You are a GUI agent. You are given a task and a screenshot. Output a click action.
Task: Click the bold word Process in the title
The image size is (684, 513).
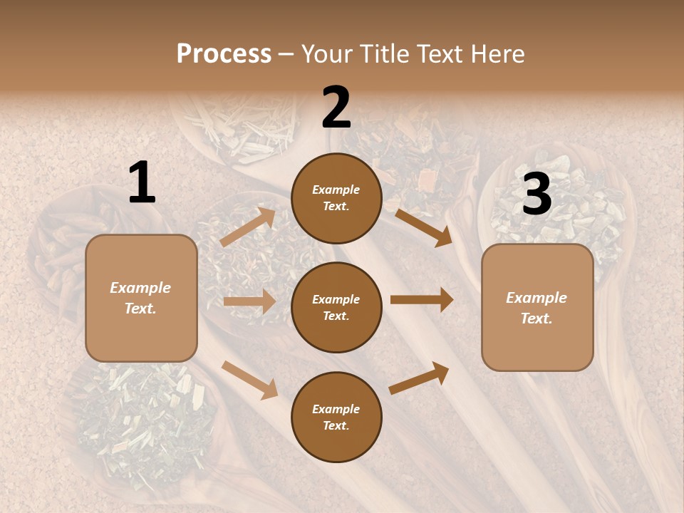pos(224,53)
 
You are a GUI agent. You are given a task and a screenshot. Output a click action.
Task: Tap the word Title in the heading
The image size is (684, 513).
pos(383,53)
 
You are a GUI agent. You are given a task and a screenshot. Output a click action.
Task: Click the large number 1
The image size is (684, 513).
pos(142,183)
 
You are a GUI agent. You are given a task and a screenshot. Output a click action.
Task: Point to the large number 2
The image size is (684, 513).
pos(336,108)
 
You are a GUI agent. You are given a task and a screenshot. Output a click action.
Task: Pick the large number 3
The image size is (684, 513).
pos(537,194)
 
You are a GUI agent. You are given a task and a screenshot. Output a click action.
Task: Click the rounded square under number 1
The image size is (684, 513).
pos(141,298)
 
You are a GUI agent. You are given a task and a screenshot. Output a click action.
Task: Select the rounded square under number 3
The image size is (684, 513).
pos(537,308)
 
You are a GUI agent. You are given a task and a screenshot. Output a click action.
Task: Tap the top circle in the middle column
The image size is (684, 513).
pos(336,198)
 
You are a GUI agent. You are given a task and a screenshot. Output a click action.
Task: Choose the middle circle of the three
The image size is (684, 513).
pos(336,307)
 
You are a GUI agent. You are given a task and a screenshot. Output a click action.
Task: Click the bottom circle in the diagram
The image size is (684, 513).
pos(336,417)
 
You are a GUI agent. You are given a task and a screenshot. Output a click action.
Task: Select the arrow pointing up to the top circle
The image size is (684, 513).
pos(248,227)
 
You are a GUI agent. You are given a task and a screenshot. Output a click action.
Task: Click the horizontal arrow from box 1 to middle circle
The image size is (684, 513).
pos(249,301)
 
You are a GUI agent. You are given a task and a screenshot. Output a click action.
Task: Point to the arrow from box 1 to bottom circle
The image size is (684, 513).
pos(250,380)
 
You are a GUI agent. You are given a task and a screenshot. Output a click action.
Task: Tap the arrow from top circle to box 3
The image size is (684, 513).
pos(425,227)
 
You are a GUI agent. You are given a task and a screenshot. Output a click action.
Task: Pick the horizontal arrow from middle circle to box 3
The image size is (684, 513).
pos(422,300)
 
